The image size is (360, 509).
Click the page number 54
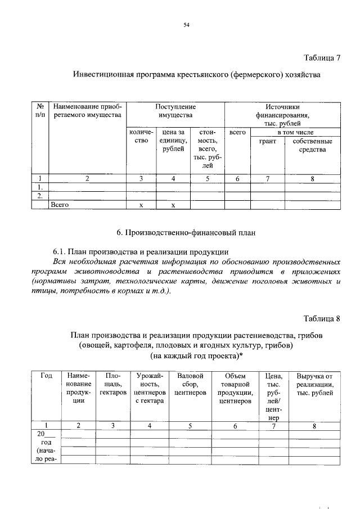pos(186,25)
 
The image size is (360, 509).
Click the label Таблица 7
pos(322,57)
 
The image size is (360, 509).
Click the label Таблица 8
pos(322,319)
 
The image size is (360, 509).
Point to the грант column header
pos(267,141)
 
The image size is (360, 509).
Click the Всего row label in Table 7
pos(60,205)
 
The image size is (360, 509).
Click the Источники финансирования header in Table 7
pos(282,114)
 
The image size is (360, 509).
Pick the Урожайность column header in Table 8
pos(149,388)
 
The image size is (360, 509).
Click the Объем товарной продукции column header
pos(235,388)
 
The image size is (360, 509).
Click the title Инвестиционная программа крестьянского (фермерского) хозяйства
pos(196,75)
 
